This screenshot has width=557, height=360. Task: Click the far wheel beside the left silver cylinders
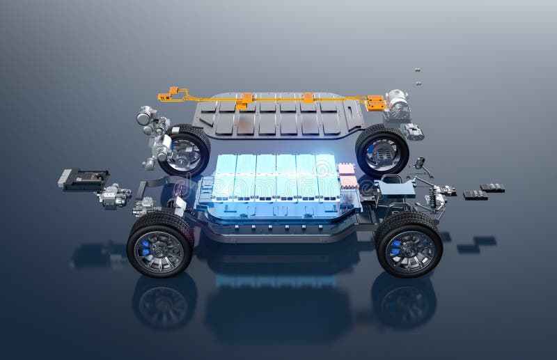pos(185,150)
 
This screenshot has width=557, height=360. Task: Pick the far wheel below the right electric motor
pos(382,150)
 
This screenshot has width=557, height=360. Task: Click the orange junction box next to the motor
pos(376,103)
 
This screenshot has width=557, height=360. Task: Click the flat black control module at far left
pos(84,179)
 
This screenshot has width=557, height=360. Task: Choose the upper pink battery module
pos(346,169)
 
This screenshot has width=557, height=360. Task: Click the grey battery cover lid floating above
pos(278,115)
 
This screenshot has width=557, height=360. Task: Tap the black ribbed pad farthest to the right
pos(492,187)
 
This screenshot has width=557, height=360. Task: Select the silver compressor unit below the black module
pos(113,196)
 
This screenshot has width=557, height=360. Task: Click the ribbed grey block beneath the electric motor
pos(414,132)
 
